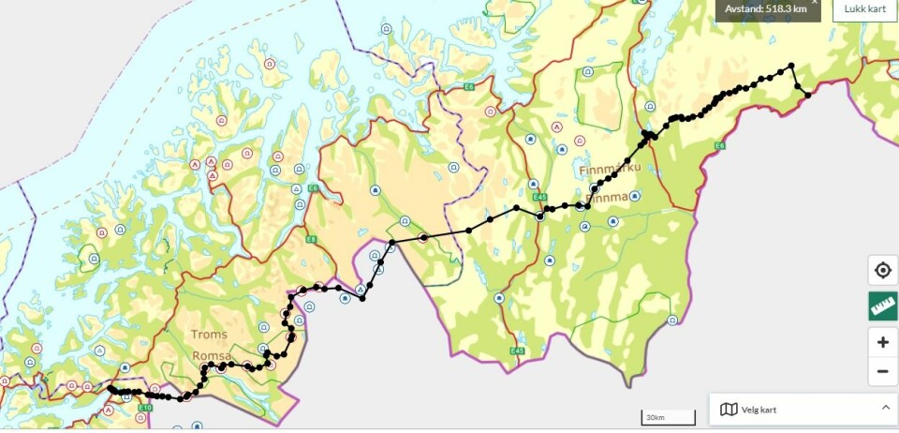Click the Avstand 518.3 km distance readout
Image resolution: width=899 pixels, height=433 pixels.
[x=766, y=8]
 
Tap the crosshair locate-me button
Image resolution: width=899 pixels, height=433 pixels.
[x=882, y=271]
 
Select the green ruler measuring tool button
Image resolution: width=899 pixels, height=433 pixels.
[x=882, y=306]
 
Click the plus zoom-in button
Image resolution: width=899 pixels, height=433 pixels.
[x=882, y=342]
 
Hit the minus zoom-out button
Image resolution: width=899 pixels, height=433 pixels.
[x=882, y=371]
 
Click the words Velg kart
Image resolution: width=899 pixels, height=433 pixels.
[x=759, y=410]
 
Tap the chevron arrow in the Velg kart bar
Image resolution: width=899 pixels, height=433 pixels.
[x=885, y=408]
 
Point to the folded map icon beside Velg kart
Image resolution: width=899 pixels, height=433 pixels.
[x=729, y=410]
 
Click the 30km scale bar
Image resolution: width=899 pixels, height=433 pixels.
[x=668, y=417]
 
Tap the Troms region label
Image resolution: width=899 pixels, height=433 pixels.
[x=209, y=335]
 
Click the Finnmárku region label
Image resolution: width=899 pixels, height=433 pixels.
[x=611, y=169]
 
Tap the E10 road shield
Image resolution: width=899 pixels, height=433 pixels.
[x=145, y=408]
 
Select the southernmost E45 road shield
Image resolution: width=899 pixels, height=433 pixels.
[x=517, y=351]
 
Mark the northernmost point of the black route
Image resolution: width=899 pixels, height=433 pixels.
[x=791, y=65]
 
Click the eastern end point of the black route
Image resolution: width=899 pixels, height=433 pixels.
[x=807, y=95]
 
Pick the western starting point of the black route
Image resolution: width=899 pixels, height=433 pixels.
[x=111, y=388]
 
